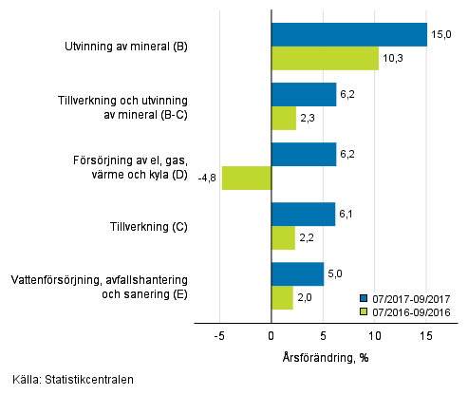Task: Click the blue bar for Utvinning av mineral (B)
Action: tap(349, 34)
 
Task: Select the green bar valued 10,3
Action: tap(325, 58)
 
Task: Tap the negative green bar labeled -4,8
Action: tap(247, 178)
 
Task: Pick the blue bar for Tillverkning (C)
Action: tap(303, 215)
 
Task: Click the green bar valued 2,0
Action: tap(282, 298)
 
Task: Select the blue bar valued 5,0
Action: tap(297, 274)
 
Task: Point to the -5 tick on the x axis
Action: tap(219, 335)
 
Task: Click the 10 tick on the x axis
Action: tap(375, 335)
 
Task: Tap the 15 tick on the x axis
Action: tap(426, 335)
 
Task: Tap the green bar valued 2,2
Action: tap(283, 237)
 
